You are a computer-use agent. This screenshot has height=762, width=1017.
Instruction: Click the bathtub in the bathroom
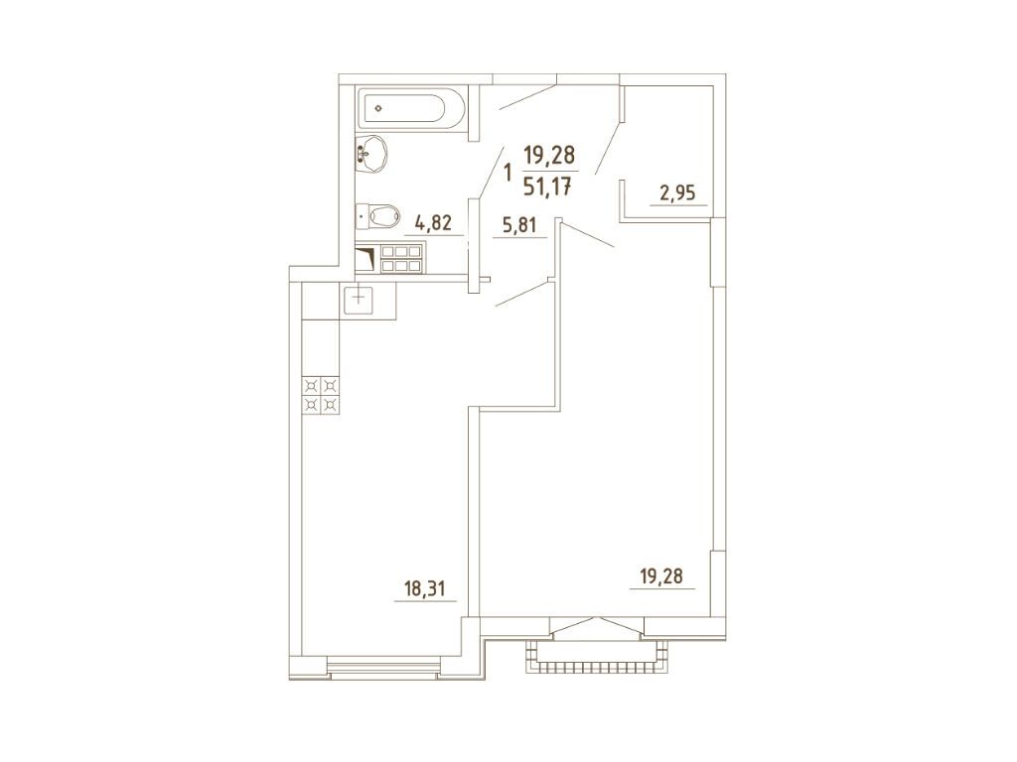(x=410, y=108)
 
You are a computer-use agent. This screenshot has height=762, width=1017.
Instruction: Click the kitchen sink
(x=359, y=300)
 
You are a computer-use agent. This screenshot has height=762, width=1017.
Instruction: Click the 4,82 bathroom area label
(x=433, y=225)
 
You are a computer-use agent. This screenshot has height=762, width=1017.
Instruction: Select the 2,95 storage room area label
(x=677, y=192)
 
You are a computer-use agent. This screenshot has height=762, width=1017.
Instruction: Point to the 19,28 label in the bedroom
(x=661, y=575)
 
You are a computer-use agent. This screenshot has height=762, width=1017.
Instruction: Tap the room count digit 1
(x=508, y=173)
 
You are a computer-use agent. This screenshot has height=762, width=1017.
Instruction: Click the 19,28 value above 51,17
(x=549, y=156)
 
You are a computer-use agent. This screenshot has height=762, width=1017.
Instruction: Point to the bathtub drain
(x=378, y=109)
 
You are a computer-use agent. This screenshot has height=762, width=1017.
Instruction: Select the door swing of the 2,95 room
(x=609, y=147)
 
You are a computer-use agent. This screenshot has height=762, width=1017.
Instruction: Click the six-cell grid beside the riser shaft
(x=402, y=259)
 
